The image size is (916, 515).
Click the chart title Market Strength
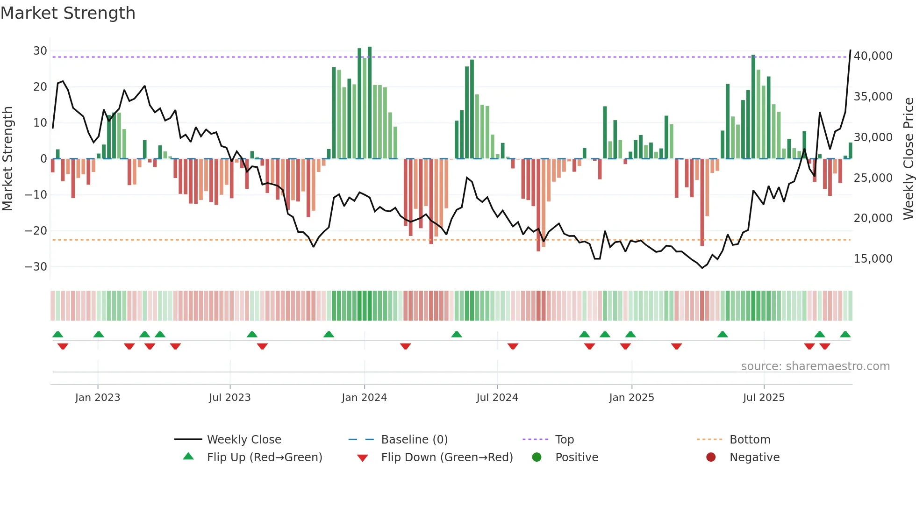(x=68, y=13)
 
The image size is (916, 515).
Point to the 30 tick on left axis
(x=40, y=51)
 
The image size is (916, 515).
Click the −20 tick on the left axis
(x=36, y=231)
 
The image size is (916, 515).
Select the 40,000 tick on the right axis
(x=873, y=56)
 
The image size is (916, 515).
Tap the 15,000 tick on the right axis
(x=873, y=259)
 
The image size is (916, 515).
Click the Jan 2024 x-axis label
(x=364, y=398)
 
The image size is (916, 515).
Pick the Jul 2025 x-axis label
(x=764, y=398)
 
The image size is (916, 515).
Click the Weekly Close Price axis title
(x=908, y=158)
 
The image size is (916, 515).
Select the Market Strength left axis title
(x=8, y=158)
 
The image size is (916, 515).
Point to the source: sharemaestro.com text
(x=815, y=366)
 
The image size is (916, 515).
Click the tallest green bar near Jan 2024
(x=370, y=103)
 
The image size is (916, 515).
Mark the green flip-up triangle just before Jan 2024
(x=329, y=335)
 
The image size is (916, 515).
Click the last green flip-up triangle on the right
(x=845, y=335)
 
